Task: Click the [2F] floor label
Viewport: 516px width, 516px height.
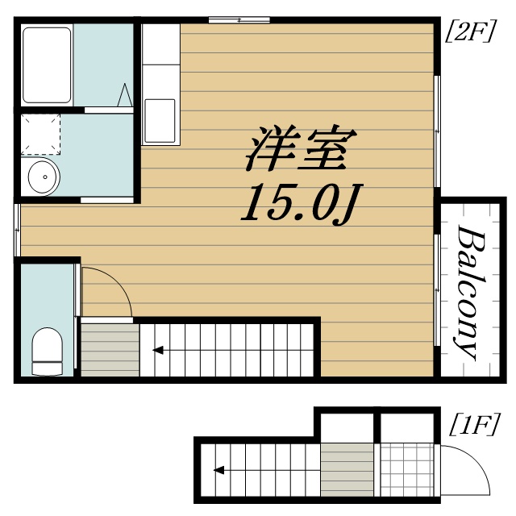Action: click(x=470, y=35)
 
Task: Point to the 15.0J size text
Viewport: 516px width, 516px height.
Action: click(x=298, y=206)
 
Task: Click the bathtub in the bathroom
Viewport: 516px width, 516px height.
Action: click(x=48, y=64)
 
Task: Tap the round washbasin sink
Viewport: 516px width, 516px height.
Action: click(x=41, y=177)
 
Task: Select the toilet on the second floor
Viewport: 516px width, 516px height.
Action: click(x=46, y=352)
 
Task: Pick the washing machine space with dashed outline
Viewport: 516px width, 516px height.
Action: click(x=41, y=133)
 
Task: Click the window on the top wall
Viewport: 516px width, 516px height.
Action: click(x=239, y=19)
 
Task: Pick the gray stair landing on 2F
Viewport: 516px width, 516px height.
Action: click(x=108, y=347)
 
